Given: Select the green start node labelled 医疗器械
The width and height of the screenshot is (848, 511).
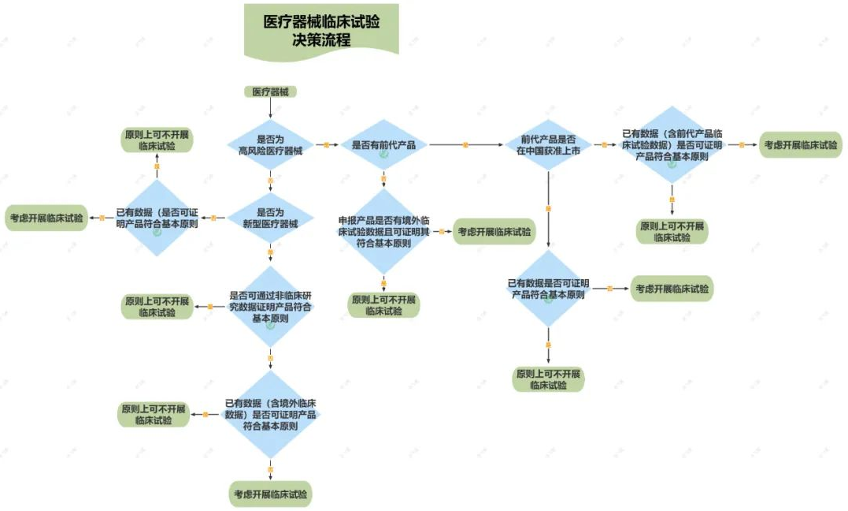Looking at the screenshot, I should click(x=270, y=91).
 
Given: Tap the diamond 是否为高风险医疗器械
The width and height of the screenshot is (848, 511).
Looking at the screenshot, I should click(x=270, y=145).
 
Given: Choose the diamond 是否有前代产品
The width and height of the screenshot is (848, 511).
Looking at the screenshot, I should click(x=383, y=145).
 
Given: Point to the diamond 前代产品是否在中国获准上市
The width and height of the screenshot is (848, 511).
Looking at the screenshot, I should click(x=548, y=145).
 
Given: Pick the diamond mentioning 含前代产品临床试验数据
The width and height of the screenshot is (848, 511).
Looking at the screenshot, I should click(x=672, y=145).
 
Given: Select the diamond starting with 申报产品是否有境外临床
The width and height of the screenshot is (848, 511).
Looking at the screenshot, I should click(x=383, y=232).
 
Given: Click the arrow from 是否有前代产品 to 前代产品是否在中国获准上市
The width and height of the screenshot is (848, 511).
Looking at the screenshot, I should click(x=465, y=145).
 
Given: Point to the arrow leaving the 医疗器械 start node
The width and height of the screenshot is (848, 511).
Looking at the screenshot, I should click(x=270, y=109).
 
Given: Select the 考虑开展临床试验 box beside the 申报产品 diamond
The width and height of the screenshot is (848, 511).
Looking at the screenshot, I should click(x=493, y=232).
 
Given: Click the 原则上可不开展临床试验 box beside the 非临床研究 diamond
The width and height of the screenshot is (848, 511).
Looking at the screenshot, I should click(x=157, y=307).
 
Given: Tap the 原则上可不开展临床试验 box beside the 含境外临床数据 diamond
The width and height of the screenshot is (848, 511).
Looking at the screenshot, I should click(x=154, y=415).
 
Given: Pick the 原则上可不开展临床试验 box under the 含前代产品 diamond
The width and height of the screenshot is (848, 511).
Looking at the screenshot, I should click(x=672, y=231).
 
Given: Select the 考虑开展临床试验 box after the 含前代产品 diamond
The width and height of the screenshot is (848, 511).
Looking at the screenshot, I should click(x=800, y=145).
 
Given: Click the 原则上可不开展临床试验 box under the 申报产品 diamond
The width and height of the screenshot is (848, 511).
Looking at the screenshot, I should click(x=383, y=305).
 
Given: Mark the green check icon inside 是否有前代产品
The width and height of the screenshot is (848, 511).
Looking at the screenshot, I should click(x=383, y=155).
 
